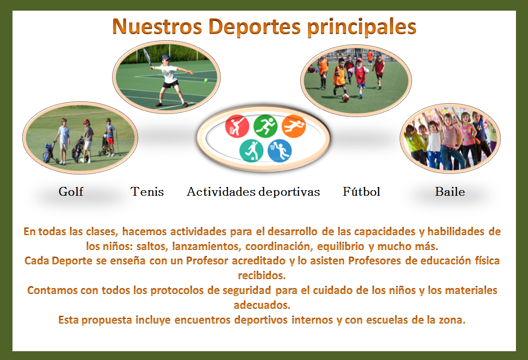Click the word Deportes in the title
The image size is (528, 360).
(254, 27)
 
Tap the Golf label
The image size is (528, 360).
(71, 192)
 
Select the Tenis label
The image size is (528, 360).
(147, 192)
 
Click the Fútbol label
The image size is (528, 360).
(361, 192)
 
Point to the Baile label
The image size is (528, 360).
(450, 192)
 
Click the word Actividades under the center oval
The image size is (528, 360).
(221, 192)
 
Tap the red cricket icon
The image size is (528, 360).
(237, 126)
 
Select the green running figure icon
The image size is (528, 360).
(265, 126)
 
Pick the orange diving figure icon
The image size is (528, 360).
(294, 126)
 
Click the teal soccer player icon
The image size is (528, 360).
(251, 150)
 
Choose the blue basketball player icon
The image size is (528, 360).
(279, 150)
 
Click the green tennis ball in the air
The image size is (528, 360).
(206, 81)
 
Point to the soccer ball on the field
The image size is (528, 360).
(346, 98)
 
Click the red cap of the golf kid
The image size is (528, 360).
(87, 122)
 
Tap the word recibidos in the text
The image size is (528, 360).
(262, 275)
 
